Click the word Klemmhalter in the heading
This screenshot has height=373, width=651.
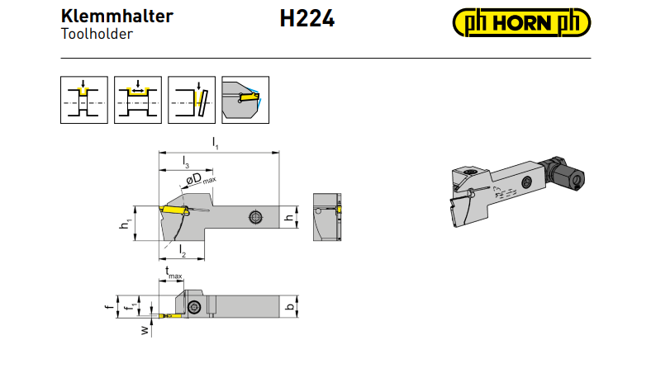tap(117, 17)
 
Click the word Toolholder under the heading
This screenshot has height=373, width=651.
tap(97, 34)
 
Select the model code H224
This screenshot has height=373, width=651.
tap(306, 19)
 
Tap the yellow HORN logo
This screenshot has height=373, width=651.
tap(521, 22)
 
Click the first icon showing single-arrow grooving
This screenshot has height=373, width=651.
tap(84, 100)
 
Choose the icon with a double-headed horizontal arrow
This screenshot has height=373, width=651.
tap(138, 100)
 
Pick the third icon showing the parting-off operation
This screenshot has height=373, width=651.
tap(192, 100)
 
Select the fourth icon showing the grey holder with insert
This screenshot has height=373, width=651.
tap(245, 100)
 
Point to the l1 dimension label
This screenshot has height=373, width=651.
tap(215, 144)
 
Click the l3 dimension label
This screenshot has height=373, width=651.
tap(186, 162)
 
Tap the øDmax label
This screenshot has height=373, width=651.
tap(201, 179)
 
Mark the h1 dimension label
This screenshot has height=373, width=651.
tap(125, 224)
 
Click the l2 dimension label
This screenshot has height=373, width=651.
tap(183, 251)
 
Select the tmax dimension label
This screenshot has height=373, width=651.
tap(173, 272)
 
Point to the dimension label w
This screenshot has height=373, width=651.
tap(144, 330)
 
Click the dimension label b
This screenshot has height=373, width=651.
tap(290, 307)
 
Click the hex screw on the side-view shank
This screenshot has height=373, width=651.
tap(255, 217)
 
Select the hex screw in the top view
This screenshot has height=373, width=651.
tap(194, 308)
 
